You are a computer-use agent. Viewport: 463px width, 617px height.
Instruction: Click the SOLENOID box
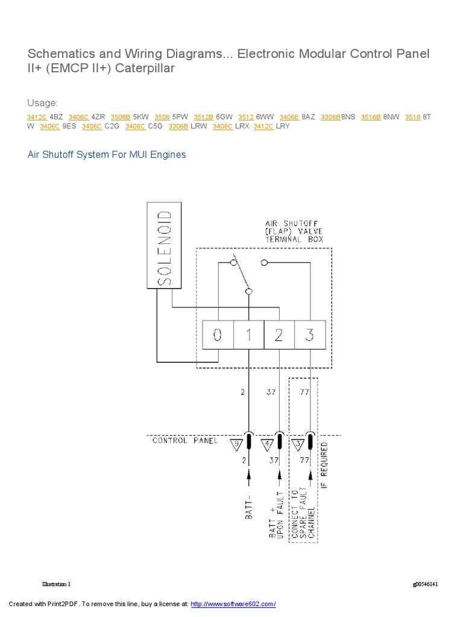point(164,246)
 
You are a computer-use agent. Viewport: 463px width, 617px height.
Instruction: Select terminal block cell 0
point(218,335)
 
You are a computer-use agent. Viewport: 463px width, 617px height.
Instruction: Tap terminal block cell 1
point(248,335)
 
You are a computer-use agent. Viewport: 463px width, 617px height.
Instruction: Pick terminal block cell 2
point(279,335)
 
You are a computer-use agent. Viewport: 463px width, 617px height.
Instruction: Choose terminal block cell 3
point(310,335)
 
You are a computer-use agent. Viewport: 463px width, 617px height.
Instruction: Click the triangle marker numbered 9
point(236,445)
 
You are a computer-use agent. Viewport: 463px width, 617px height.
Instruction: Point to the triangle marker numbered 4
point(266,445)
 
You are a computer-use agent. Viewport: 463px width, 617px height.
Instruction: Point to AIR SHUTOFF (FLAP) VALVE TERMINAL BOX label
point(294,231)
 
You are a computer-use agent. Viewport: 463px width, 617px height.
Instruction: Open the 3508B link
point(121,116)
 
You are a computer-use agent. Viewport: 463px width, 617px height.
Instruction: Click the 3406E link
point(289,116)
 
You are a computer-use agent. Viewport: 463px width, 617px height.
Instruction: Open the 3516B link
point(371,116)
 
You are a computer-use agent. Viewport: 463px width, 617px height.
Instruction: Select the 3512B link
point(204,116)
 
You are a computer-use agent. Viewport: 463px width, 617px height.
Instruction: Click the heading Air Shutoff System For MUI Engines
point(107,155)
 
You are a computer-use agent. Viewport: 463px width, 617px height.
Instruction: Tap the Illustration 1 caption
point(56,584)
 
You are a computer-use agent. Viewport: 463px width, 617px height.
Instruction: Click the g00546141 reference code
point(425,584)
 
